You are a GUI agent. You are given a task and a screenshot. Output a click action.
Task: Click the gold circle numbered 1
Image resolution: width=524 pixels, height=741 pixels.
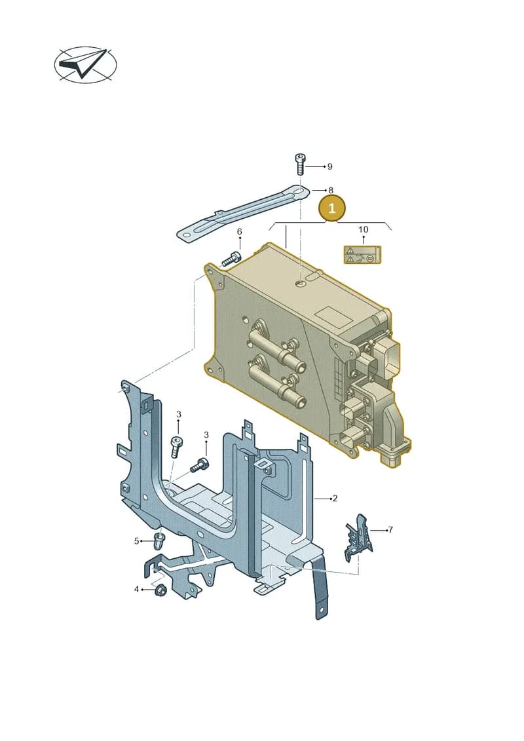[331, 208]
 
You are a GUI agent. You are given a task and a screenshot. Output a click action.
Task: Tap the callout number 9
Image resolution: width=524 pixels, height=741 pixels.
[330, 166]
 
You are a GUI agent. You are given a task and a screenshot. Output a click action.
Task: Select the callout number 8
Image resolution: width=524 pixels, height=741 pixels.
[331, 190]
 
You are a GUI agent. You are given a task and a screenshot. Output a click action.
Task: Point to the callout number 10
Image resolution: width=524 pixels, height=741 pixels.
[363, 230]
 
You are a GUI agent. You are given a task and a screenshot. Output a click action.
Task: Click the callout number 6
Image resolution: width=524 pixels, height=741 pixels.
[240, 231]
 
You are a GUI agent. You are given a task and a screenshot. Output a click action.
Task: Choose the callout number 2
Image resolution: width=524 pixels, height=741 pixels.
[335, 498]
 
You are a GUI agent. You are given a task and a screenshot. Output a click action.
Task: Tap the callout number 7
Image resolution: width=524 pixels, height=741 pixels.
[391, 530]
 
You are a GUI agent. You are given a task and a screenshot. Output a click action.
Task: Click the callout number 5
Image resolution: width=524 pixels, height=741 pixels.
[136, 541]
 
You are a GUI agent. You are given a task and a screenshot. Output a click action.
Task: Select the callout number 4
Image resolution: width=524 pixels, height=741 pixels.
[136, 589]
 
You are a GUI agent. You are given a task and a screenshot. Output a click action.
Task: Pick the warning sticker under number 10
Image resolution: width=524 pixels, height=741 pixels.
[362, 254]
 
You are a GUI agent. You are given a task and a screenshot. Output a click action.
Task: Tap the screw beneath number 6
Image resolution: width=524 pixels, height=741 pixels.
[231, 259]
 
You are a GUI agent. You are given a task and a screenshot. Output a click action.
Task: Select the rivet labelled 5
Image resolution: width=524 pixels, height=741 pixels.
[159, 541]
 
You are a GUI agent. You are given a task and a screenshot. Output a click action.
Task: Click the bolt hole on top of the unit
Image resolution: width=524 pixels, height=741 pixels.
[301, 284]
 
